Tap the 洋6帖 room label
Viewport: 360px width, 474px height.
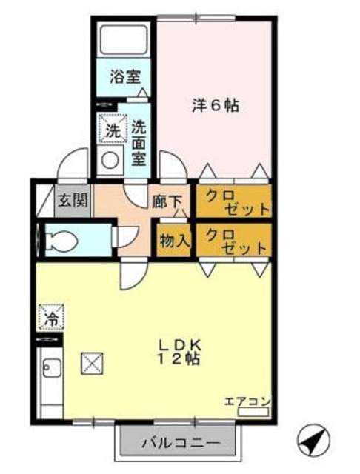[215, 106]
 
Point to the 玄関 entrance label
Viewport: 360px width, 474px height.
[73, 200]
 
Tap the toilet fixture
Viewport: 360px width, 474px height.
[61, 239]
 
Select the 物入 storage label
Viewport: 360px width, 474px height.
[173, 240]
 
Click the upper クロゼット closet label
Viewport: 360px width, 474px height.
[233, 201]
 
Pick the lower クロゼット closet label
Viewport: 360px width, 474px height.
[233, 240]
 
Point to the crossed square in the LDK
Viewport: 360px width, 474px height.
[93, 363]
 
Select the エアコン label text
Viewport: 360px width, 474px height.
[247, 401]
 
